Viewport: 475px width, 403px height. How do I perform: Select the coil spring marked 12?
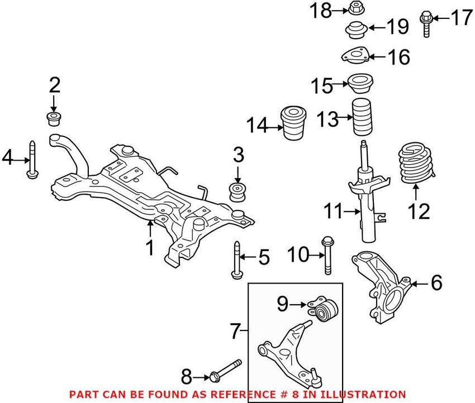tap(416, 165)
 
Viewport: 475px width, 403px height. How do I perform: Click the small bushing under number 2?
tap(54, 118)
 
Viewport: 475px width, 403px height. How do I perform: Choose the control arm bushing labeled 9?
tap(324, 310)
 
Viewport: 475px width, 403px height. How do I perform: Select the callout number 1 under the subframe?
tap(149, 247)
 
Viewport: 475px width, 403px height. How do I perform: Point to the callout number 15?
tap(321, 86)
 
